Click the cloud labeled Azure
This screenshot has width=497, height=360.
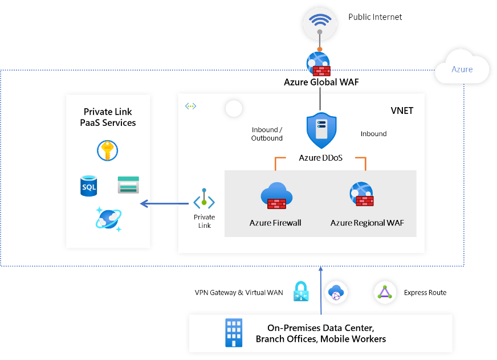462,69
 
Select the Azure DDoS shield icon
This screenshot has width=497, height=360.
320,131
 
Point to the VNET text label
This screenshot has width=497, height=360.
402,111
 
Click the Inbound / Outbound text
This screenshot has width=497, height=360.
267,134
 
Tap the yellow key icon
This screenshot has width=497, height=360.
108,151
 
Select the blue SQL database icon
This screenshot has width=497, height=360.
89,186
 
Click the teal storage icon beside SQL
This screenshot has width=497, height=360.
128,185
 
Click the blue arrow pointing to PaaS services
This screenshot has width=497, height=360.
165,203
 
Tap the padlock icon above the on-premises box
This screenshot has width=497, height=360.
300,292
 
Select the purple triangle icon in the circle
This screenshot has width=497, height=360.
385,293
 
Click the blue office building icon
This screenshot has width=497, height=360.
234,332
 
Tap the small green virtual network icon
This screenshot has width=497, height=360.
190,106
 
